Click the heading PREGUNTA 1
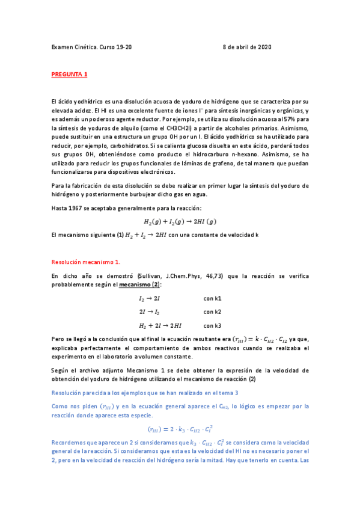69,74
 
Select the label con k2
212,312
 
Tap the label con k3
212,326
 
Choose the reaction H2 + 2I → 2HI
160,326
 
